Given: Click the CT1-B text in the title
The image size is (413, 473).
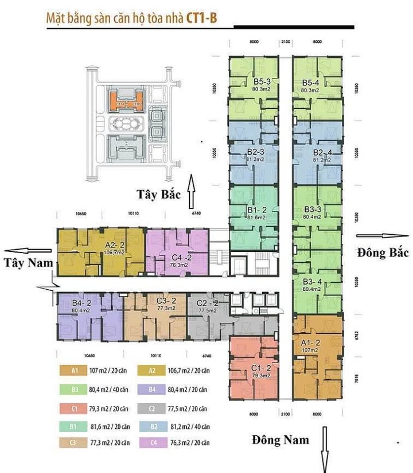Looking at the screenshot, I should click(x=201, y=18).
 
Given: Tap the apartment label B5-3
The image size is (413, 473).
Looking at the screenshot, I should click(x=254, y=82).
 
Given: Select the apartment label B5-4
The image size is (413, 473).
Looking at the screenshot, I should click(x=314, y=82).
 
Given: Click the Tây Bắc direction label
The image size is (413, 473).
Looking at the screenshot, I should click(x=158, y=194).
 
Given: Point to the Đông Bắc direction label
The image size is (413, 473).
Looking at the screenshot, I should click(x=379, y=253).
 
